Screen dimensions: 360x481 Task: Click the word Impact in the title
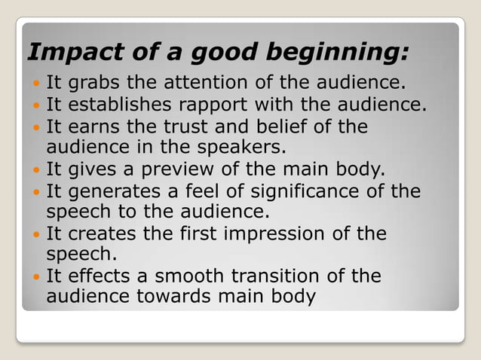pyautogui.click(x=64, y=53)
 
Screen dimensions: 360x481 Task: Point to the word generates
pyautogui.click(x=112, y=191)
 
